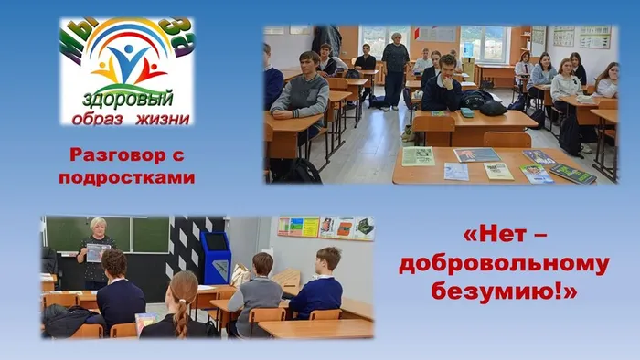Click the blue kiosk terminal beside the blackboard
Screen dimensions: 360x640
[217, 257]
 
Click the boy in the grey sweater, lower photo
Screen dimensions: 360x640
[259, 288]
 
